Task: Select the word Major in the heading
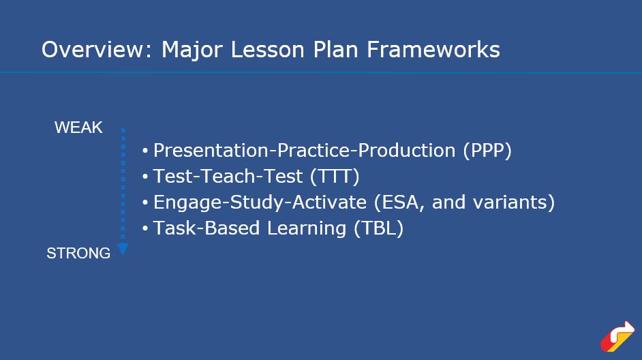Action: [x=192, y=50]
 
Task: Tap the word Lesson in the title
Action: [x=268, y=50]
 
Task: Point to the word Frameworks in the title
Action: [x=433, y=50]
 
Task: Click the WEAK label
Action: [x=78, y=127]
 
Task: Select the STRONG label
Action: [x=78, y=253]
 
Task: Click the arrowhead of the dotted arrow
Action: [x=123, y=249]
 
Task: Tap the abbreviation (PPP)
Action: [x=487, y=150]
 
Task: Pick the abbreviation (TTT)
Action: [x=335, y=176]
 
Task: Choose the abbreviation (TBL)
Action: [x=379, y=228]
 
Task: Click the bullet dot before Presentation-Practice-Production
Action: [x=145, y=151]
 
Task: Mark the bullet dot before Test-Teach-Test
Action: [x=145, y=177]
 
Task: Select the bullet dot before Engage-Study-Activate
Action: [x=145, y=202]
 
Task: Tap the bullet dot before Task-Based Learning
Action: [x=145, y=228]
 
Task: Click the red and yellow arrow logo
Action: [x=617, y=337]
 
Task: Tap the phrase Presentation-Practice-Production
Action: [x=304, y=150]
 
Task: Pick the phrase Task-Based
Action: [x=207, y=228]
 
